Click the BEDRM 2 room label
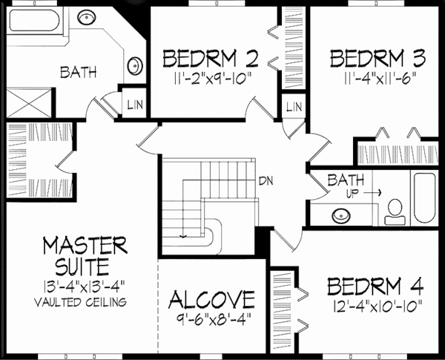[211, 58]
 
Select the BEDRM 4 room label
[375, 286]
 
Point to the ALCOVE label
[211, 300]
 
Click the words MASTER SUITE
[84, 254]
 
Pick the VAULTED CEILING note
[84, 303]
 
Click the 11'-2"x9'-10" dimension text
[211, 75]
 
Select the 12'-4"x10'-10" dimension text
[375, 304]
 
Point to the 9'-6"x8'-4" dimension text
[211, 318]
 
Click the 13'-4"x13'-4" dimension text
[84, 287]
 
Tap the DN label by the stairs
[266, 180]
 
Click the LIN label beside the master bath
[136, 103]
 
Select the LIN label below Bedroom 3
[294, 108]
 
